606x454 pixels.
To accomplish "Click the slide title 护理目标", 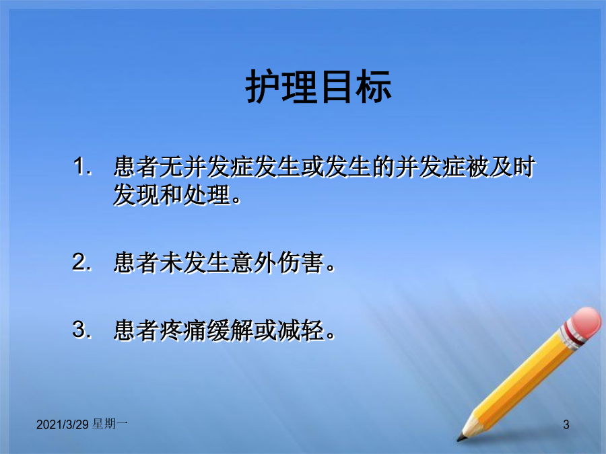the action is click(319, 87).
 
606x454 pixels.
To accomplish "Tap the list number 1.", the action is click(82, 166).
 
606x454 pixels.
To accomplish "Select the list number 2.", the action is click(82, 262).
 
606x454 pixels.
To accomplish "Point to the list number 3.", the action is click(82, 330).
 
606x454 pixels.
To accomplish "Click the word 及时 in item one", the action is click(512, 167).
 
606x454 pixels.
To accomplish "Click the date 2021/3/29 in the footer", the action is click(63, 424).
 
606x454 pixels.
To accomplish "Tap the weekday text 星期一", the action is click(110, 424).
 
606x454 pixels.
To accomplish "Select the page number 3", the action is click(566, 424).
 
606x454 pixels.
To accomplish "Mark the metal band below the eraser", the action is click(571, 336).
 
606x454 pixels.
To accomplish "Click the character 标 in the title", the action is click(374, 87).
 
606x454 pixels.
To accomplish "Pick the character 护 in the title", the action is click(263, 87).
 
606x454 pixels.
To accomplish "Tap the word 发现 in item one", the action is click(137, 194).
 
